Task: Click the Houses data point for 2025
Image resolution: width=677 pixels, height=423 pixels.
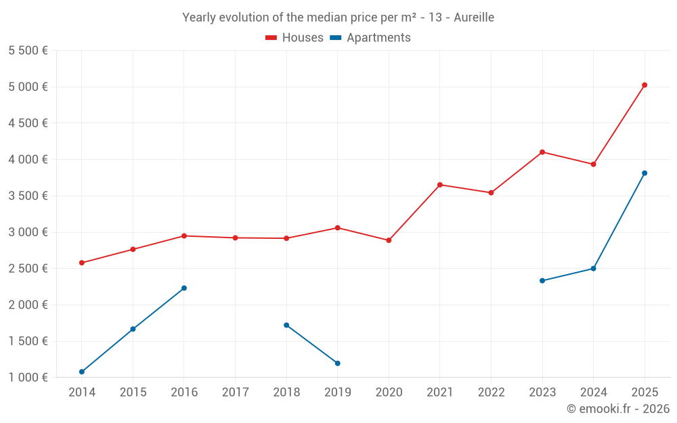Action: click(x=645, y=85)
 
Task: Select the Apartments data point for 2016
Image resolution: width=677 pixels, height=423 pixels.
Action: click(x=184, y=288)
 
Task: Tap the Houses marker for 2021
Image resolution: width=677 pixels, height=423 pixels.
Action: click(x=440, y=185)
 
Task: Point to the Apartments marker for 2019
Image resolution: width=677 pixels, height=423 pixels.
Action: click(x=337, y=363)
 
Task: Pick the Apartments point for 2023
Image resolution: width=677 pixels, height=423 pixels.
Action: click(x=542, y=280)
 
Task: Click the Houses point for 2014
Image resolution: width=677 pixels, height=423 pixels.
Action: click(x=82, y=263)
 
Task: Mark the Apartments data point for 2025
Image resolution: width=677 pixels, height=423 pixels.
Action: click(x=645, y=173)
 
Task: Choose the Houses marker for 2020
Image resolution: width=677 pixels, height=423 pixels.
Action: click(x=389, y=240)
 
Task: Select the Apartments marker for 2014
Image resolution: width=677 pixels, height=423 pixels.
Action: click(x=82, y=372)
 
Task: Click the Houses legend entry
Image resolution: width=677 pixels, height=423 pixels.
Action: click(x=294, y=38)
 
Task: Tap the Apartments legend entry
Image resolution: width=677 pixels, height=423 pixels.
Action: click(x=370, y=38)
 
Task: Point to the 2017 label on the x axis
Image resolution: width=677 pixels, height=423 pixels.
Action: click(x=235, y=393)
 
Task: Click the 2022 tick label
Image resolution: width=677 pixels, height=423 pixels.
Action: click(x=491, y=393)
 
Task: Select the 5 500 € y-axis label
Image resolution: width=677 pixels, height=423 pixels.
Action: click(x=28, y=51)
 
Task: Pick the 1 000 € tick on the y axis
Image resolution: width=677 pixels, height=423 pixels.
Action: click(x=28, y=378)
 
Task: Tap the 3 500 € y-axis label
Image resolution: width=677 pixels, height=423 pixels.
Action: click(x=28, y=196)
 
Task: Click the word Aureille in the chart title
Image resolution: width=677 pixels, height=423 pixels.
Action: click(x=474, y=18)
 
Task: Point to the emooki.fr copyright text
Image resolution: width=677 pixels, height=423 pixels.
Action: click(x=618, y=409)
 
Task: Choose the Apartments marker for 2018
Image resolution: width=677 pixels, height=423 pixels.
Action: click(x=286, y=325)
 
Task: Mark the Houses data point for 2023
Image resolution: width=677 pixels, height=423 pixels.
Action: click(x=542, y=152)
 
